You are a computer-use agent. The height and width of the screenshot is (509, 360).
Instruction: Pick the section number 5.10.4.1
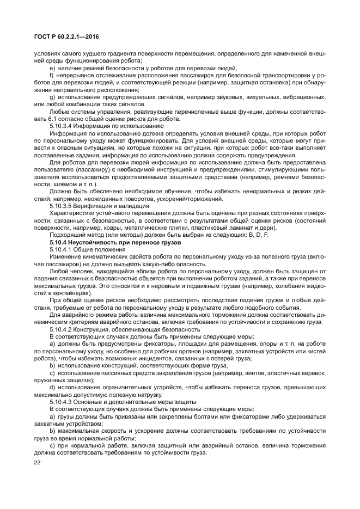click(61, 249)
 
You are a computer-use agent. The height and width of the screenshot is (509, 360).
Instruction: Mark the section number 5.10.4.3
click(61, 401)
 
